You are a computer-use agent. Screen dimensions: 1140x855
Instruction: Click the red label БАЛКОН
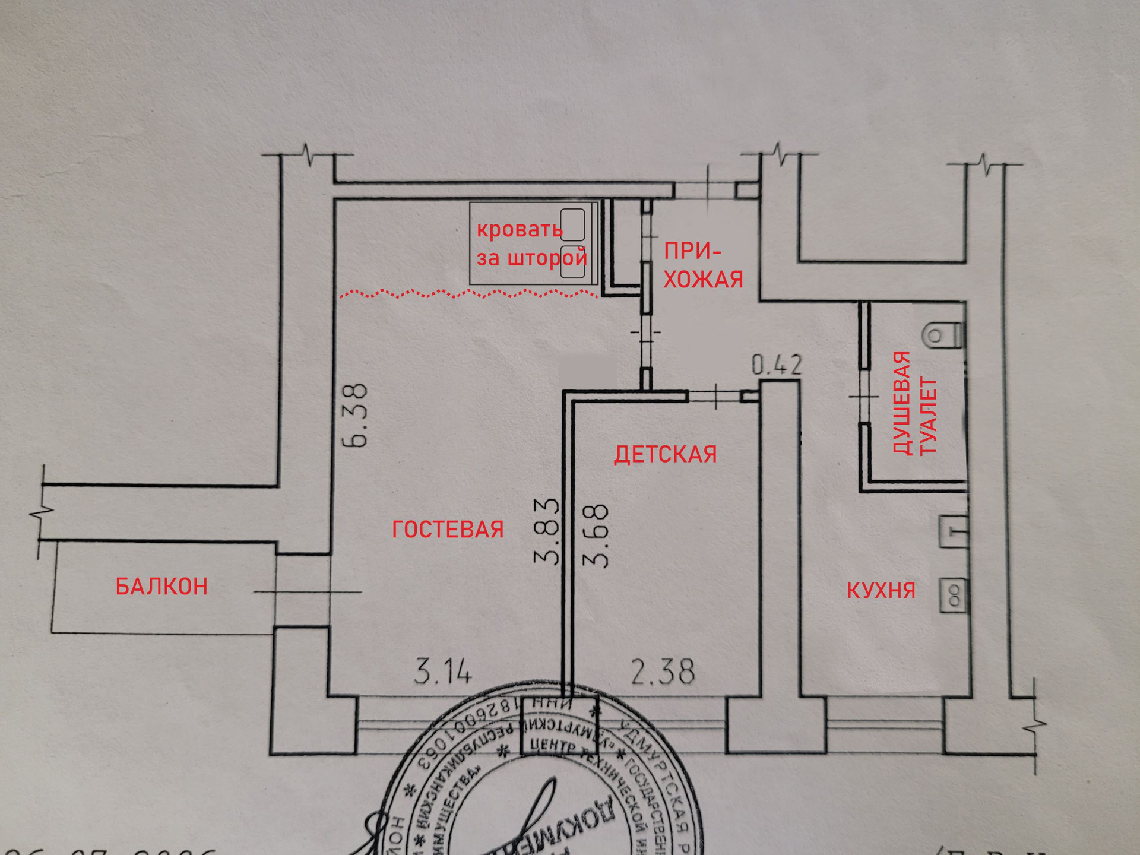pyautogui.click(x=161, y=587)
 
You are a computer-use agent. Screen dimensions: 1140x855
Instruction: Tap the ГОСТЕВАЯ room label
pyautogui.click(x=448, y=529)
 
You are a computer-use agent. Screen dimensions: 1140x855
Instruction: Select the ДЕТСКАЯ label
pyautogui.click(x=665, y=454)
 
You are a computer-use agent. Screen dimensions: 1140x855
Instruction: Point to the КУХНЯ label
pyautogui.click(x=881, y=590)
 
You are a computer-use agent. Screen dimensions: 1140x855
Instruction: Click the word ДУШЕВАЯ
pyautogui.click(x=902, y=404)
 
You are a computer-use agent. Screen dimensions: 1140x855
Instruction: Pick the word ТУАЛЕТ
pyautogui.click(x=928, y=416)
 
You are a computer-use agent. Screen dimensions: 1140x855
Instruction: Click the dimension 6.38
pyautogui.click(x=358, y=415)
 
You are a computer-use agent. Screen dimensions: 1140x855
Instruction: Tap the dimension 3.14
pyautogui.click(x=442, y=673)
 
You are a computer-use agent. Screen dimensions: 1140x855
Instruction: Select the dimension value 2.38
pyautogui.click(x=663, y=672)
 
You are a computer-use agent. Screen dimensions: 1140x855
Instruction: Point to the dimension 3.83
pyautogui.click(x=547, y=531)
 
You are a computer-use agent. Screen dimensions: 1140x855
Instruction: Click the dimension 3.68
pyautogui.click(x=596, y=536)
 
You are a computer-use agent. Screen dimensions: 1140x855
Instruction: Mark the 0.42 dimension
pyautogui.click(x=777, y=365)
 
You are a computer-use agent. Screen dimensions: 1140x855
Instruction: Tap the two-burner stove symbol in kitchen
pyautogui.click(x=954, y=596)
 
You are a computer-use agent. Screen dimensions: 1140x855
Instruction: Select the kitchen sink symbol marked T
pyautogui.click(x=954, y=531)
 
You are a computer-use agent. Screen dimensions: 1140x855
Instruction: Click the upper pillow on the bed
pyautogui.click(x=572, y=224)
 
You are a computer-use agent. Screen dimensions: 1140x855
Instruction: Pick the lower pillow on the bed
pyautogui.click(x=572, y=262)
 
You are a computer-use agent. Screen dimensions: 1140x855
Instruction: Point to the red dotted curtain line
pyautogui.click(x=469, y=293)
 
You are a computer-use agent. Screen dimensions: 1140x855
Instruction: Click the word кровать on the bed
pyautogui.click(x=519, y=229)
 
